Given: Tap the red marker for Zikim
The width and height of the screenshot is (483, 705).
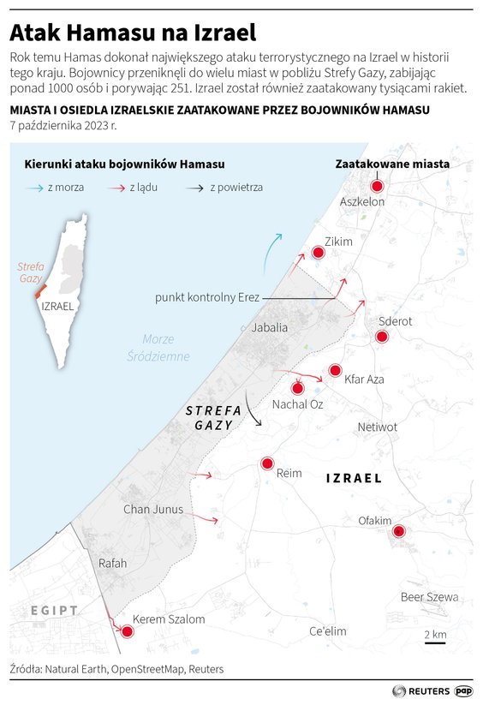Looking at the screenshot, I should [x=319, y=252].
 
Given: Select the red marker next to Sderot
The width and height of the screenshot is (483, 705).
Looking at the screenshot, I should [x=382, y=337].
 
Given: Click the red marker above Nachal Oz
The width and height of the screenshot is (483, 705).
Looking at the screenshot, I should [x=297, y=387].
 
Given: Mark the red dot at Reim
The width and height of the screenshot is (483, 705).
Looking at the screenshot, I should [x=266, y=463].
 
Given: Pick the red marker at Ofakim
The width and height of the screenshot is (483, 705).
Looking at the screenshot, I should [x=398, y=532].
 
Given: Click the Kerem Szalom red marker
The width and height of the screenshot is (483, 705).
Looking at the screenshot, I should [x=128, y=632].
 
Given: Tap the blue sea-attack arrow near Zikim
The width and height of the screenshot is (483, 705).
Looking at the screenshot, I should [x=271, y=252].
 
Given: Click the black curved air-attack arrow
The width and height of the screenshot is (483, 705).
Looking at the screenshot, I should [x=253, y=409].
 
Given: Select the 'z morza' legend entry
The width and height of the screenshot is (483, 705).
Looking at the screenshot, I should [x=56, y=187].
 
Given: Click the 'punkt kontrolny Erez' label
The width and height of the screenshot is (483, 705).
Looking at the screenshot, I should [x=207, y=297].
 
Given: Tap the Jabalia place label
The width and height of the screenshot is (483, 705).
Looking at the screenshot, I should [x=270, y=327].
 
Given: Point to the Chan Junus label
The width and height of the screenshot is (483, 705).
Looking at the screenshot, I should [x=153, y=509].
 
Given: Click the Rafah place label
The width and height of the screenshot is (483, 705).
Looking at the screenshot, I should [x=113, y=563].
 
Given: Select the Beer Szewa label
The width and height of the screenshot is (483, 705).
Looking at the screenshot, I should [x=429, y=597].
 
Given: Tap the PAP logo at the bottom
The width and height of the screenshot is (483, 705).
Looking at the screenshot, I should [x=463, y=690].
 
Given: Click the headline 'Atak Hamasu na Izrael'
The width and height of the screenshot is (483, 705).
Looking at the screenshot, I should [x=133, y=33].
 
